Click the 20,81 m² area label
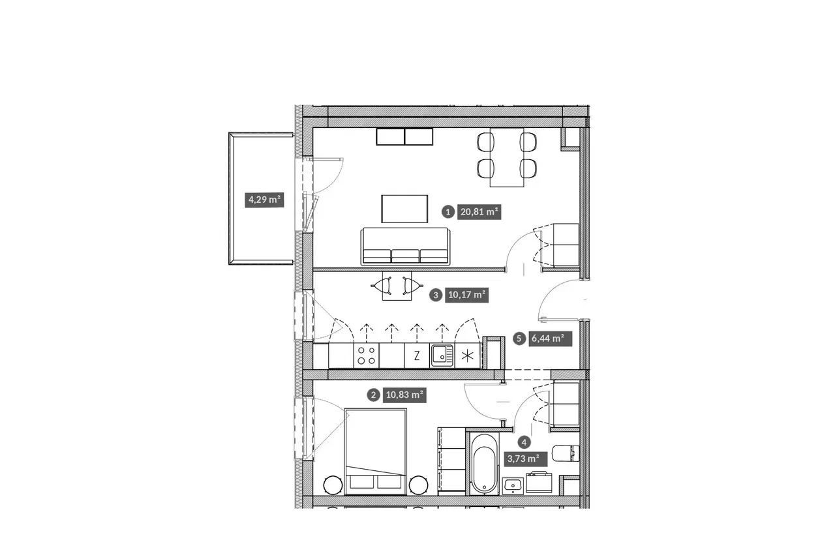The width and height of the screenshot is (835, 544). click(x=479, y=212)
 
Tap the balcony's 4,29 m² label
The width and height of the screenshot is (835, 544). click(x=264, y=200)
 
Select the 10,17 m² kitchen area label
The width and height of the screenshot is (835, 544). click(x=466, y=295)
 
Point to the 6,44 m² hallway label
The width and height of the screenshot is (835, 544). click(x=550, y=339)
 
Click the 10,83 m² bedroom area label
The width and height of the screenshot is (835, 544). click(x=404, y=395)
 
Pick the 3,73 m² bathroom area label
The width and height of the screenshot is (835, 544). click(x=526, y=459)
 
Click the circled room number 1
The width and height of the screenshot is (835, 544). click(x=448, y=212)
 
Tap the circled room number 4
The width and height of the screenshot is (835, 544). click(x=524, y=443)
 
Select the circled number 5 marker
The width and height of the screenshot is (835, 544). click(x=519, y=339)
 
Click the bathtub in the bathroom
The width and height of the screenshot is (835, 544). click(x=484, y=464)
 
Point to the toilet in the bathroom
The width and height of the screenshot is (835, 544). click(x=566, y=453)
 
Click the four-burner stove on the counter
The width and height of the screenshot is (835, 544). click(x=367, y=356)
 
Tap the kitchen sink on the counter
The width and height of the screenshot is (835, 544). click(x=442, y=356)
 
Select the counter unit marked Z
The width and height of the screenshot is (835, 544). click(x=417, y=356)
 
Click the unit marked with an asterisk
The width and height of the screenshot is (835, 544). click(x=468, y=356)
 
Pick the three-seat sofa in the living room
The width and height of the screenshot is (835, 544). click(x=405, y=246)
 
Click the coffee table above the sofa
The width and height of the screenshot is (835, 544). click(x=404, y=209)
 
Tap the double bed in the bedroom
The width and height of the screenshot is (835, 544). click(x=375, y=451)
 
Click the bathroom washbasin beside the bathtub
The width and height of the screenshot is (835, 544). click(x=513, y=486)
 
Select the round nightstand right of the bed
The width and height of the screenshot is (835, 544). click(x=418, y=485)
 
